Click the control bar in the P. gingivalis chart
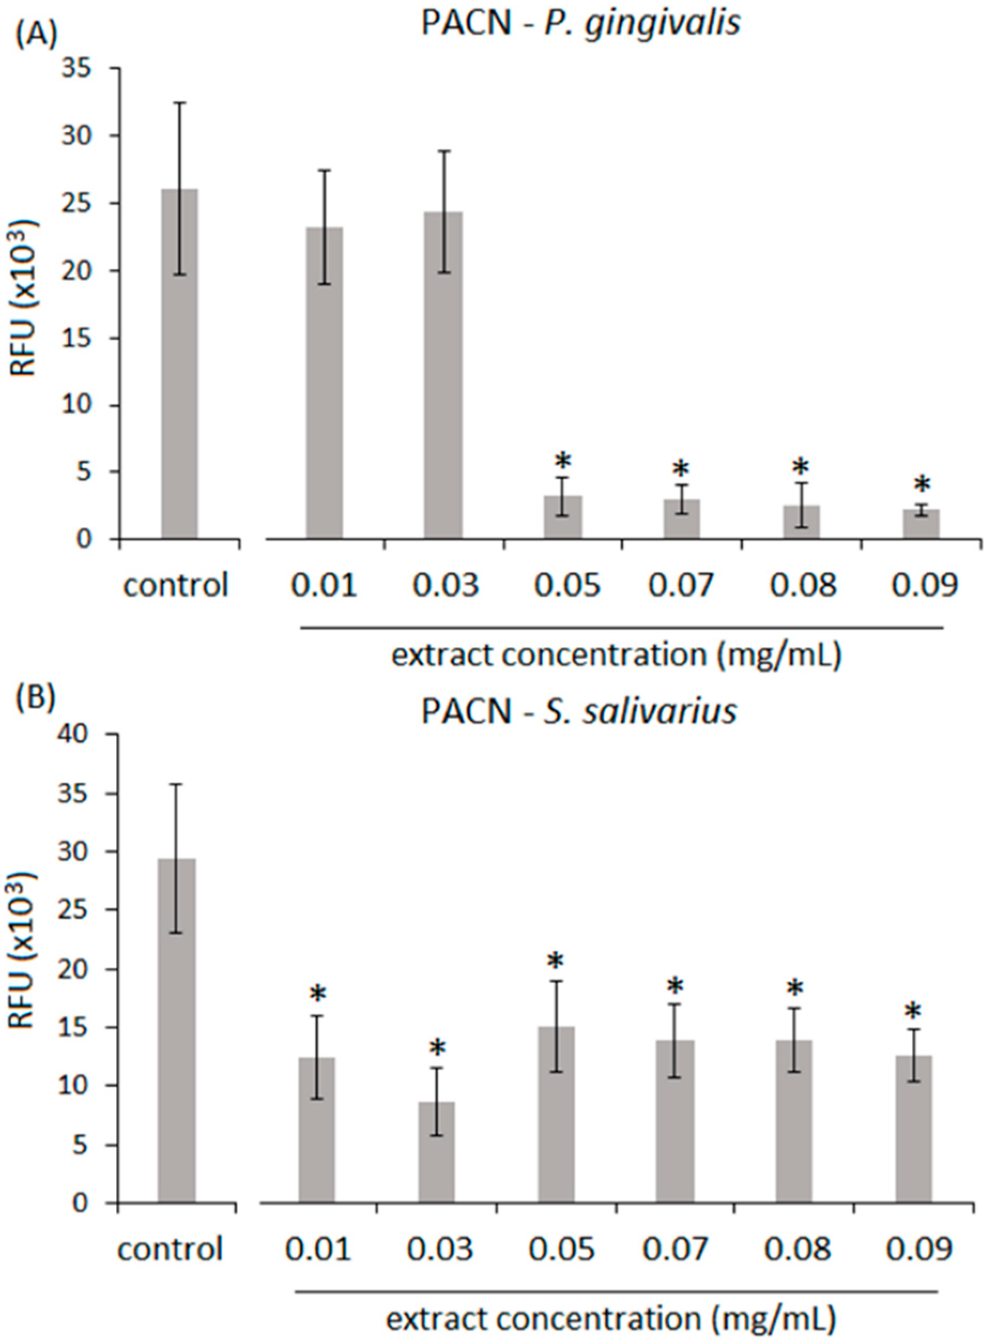click(179, 363)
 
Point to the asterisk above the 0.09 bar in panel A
click(922, 485)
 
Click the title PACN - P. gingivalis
click(580, 27)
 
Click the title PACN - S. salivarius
click(579, 712)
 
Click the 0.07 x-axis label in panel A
click(681, 585)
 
